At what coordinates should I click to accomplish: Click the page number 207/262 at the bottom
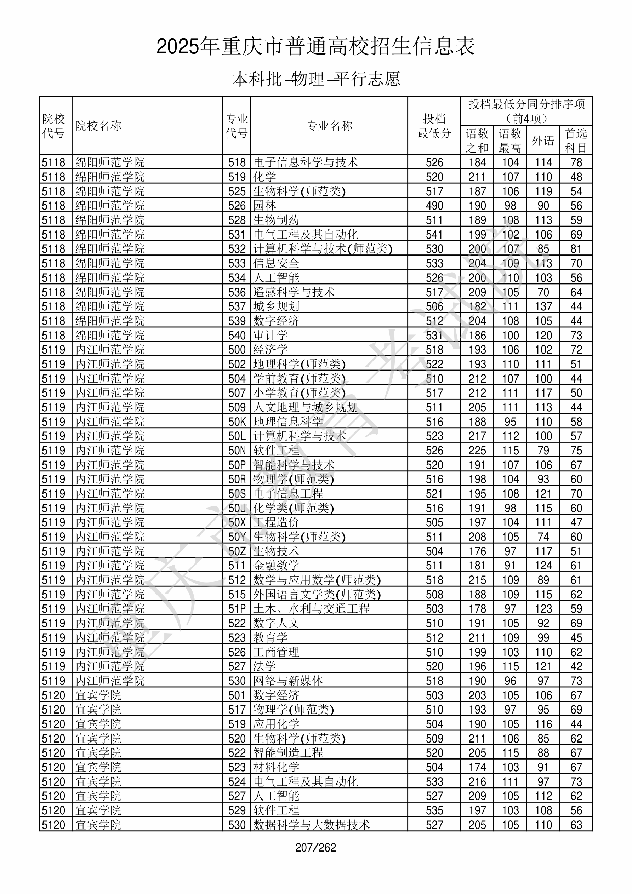[x=315, y=847]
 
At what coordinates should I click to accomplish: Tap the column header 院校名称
[x=98, y=126]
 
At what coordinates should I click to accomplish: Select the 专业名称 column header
[x=329, y=126]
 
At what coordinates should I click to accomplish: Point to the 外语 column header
[x=543, y=141]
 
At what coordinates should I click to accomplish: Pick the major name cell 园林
[x=264, y=206]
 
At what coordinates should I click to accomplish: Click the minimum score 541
[x=434, y=234]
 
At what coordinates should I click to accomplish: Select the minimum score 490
[x=434, y=206]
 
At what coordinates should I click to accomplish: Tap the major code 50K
[x=237, y=422]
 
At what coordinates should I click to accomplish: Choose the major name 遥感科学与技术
[x=294, y=292]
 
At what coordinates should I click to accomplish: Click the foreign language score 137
[x=543, y=306]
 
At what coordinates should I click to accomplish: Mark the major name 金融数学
[x=276, y=565]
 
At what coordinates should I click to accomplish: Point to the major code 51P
[x=237, y=609]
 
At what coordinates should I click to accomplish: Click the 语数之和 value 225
[x=477, y=451]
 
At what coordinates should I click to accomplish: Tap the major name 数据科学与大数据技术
[x=311, y=825]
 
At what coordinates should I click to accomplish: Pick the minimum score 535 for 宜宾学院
[x=434, y=810]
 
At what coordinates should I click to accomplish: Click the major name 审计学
[x=270, y=335]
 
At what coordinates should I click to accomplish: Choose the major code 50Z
[x=237, y=551]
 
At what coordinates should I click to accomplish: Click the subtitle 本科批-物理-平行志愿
[x=316, y=79]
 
